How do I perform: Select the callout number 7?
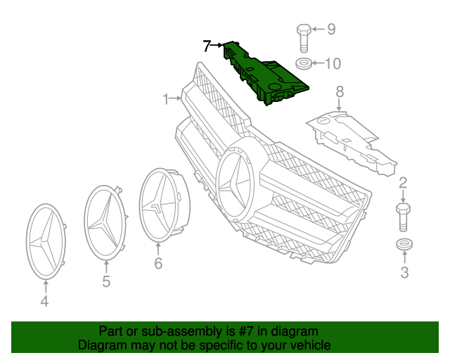[x=207, y=47]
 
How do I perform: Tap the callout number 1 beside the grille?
[x=167, y=100]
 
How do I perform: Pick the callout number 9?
[x=330, y=30]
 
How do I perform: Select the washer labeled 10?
[x=304, y=65]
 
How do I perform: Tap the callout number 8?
[x=340, y=91]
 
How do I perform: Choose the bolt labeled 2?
[x=403, y=217]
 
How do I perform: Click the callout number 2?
[x=403, y=184]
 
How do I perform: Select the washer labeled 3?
[x=403, y=245]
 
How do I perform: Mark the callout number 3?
[x=404, y=273]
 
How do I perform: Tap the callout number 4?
[x=44, y=302]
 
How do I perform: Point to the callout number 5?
[x=106, y=283]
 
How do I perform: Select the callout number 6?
[x=158, y=264]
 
